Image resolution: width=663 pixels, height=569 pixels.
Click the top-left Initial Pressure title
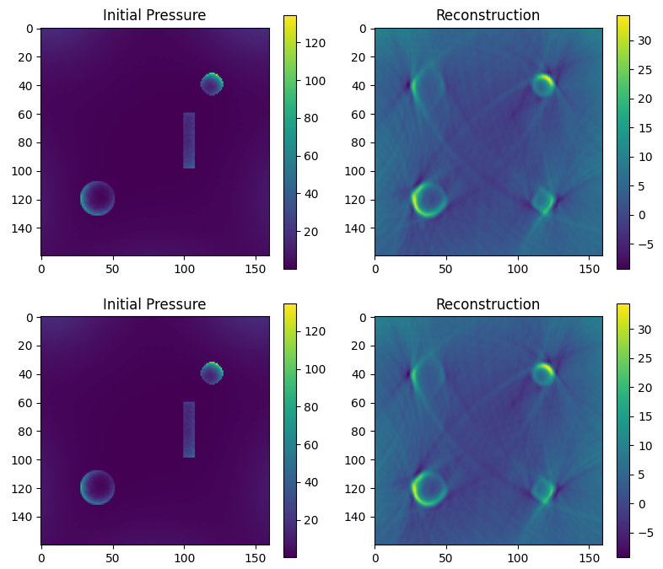pos(154,15)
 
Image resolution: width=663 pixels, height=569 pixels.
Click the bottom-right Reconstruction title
pos(488,304)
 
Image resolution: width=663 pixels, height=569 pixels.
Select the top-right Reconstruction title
pos(488,15)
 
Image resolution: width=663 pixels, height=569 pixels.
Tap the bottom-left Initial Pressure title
pos(154,304)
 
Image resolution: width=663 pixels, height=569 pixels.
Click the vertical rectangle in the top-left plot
pos(189,140)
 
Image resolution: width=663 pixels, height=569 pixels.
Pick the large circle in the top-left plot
pos(97,198)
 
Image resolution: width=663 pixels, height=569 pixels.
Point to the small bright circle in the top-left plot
pos(211,83)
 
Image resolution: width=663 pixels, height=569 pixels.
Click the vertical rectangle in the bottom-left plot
pos(189,429)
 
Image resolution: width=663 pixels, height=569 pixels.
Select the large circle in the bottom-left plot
pos(97,487)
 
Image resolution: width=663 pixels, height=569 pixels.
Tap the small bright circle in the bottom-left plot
pos(211,373)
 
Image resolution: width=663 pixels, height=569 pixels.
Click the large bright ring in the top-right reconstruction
pos(429,199)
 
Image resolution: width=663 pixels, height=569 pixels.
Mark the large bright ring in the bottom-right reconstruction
pos(429,488)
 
